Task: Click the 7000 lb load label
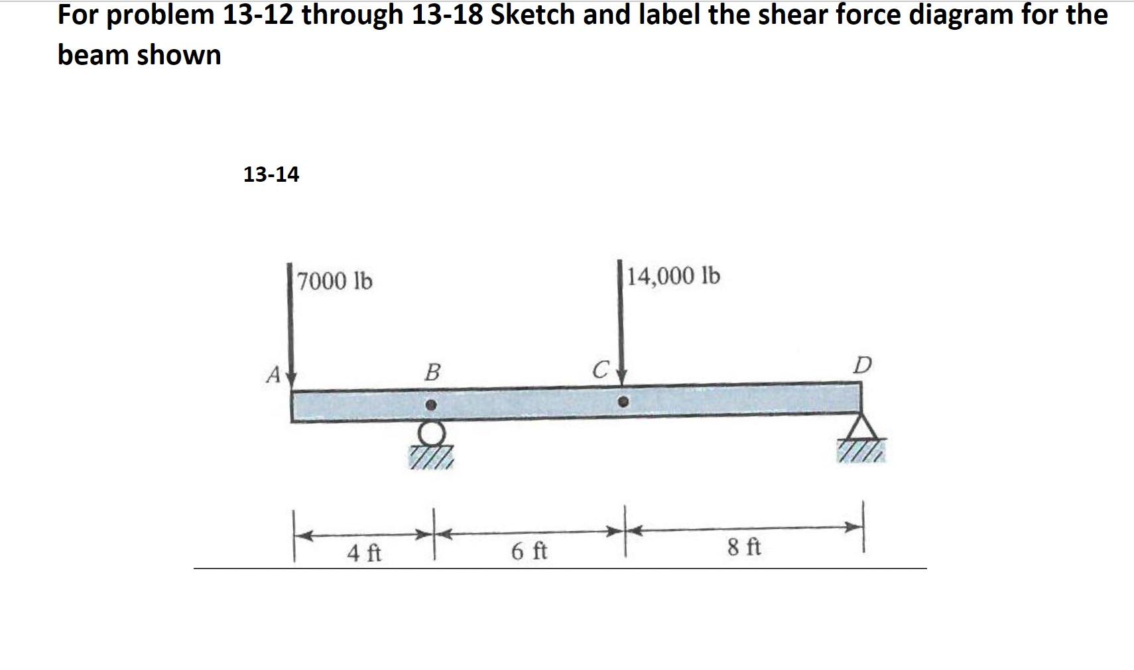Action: point(335,281)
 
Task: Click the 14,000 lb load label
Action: point(673,275)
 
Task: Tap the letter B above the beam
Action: point(432,372)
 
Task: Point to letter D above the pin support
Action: point(862,365)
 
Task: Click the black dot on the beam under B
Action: point(431,404)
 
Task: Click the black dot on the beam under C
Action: point(623,401)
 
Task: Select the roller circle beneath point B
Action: point(432,434)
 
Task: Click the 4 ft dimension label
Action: point(364,553)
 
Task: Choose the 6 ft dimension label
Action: point(529,551)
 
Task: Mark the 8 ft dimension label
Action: point(744,548)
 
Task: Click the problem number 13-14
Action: point(271,174)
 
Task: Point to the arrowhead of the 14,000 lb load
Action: point(621,376)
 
